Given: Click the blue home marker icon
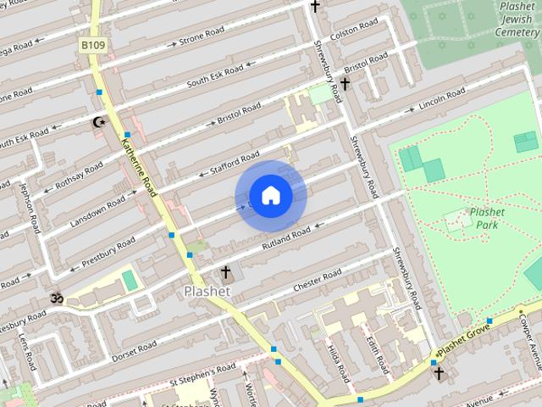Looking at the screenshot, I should (x=270, y=196).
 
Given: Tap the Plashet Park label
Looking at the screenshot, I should (x=487, y=219).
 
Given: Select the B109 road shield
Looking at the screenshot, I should (x=93, y=44).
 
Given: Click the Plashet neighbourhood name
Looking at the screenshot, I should (x=207, y=291).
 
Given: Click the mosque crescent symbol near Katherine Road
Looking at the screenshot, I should (x=100, y=123).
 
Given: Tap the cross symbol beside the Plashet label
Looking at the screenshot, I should (x=225, y=273).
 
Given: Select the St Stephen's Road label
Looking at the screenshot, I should (x=202, y=370).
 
